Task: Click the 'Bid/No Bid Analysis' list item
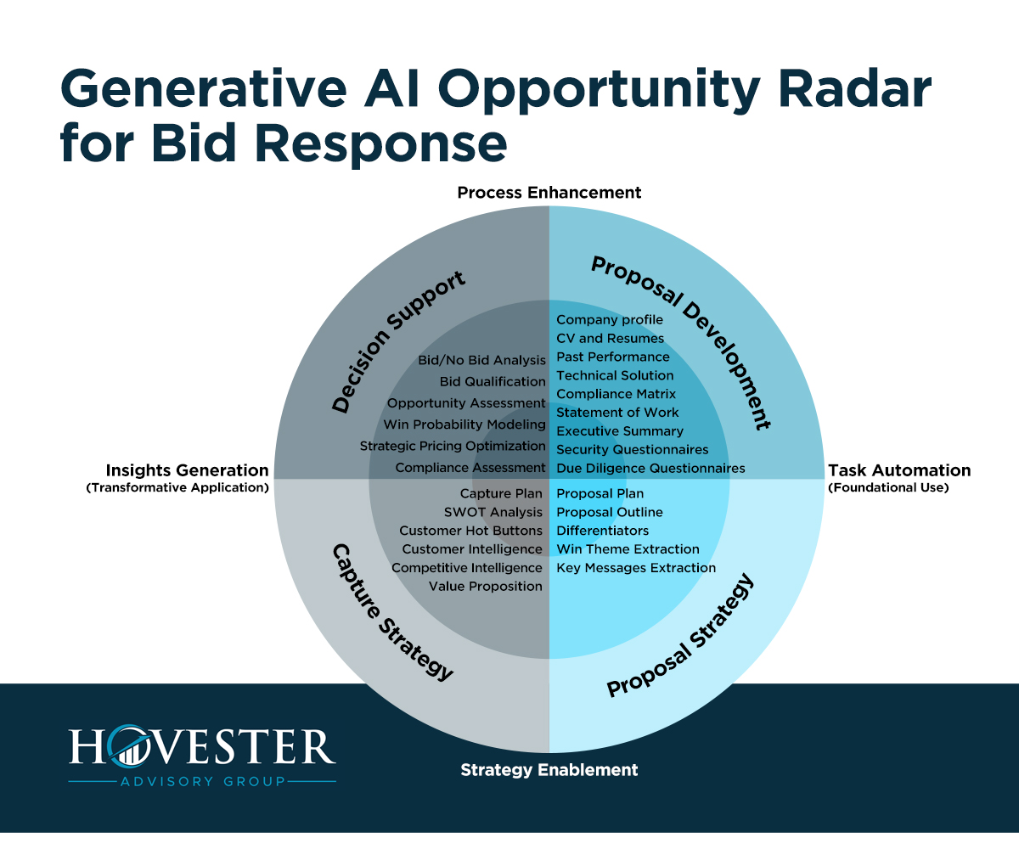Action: tap(481, 361)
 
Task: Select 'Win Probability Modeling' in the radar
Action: tap(464, 424)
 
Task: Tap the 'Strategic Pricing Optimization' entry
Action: tap(453, 446)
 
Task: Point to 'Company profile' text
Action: tap(610, 320)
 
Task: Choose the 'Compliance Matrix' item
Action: tap(616, 394)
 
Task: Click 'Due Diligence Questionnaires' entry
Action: tap(650, 468)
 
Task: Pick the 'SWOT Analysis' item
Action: tap(493, 512)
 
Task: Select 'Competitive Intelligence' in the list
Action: tap(466, 567)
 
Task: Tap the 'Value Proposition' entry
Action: tap(485, 586)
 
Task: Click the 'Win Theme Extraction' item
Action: tap(628, 549)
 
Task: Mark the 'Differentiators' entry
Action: tap(602, 531)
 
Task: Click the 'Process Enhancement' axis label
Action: tap(549, 193)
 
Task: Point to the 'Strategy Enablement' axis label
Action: tap(549, 770)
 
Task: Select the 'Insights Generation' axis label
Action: tap(187, 470)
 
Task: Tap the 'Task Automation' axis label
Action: tap(898, 470)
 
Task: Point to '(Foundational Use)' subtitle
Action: tap(887, 488)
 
